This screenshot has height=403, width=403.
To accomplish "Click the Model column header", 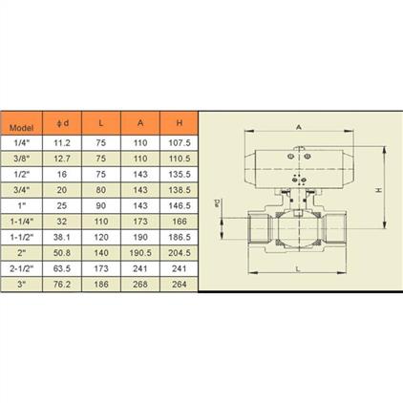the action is click(21, 128).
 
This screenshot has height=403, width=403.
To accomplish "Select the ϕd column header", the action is click(62, 123).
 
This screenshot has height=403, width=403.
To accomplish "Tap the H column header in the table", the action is click(180, 123).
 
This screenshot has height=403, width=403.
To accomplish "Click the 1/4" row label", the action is click(21, 143).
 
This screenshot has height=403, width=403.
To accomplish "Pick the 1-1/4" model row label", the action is click(21, 222).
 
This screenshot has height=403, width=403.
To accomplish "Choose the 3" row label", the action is click(21, 285).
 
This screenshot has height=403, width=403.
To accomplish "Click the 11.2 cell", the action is click(62, 143).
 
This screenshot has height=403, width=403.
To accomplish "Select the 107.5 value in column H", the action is click(180, 143).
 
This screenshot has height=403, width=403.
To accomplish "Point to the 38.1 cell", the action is click(62, 237).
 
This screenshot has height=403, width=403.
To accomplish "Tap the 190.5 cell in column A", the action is click(140, 253).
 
